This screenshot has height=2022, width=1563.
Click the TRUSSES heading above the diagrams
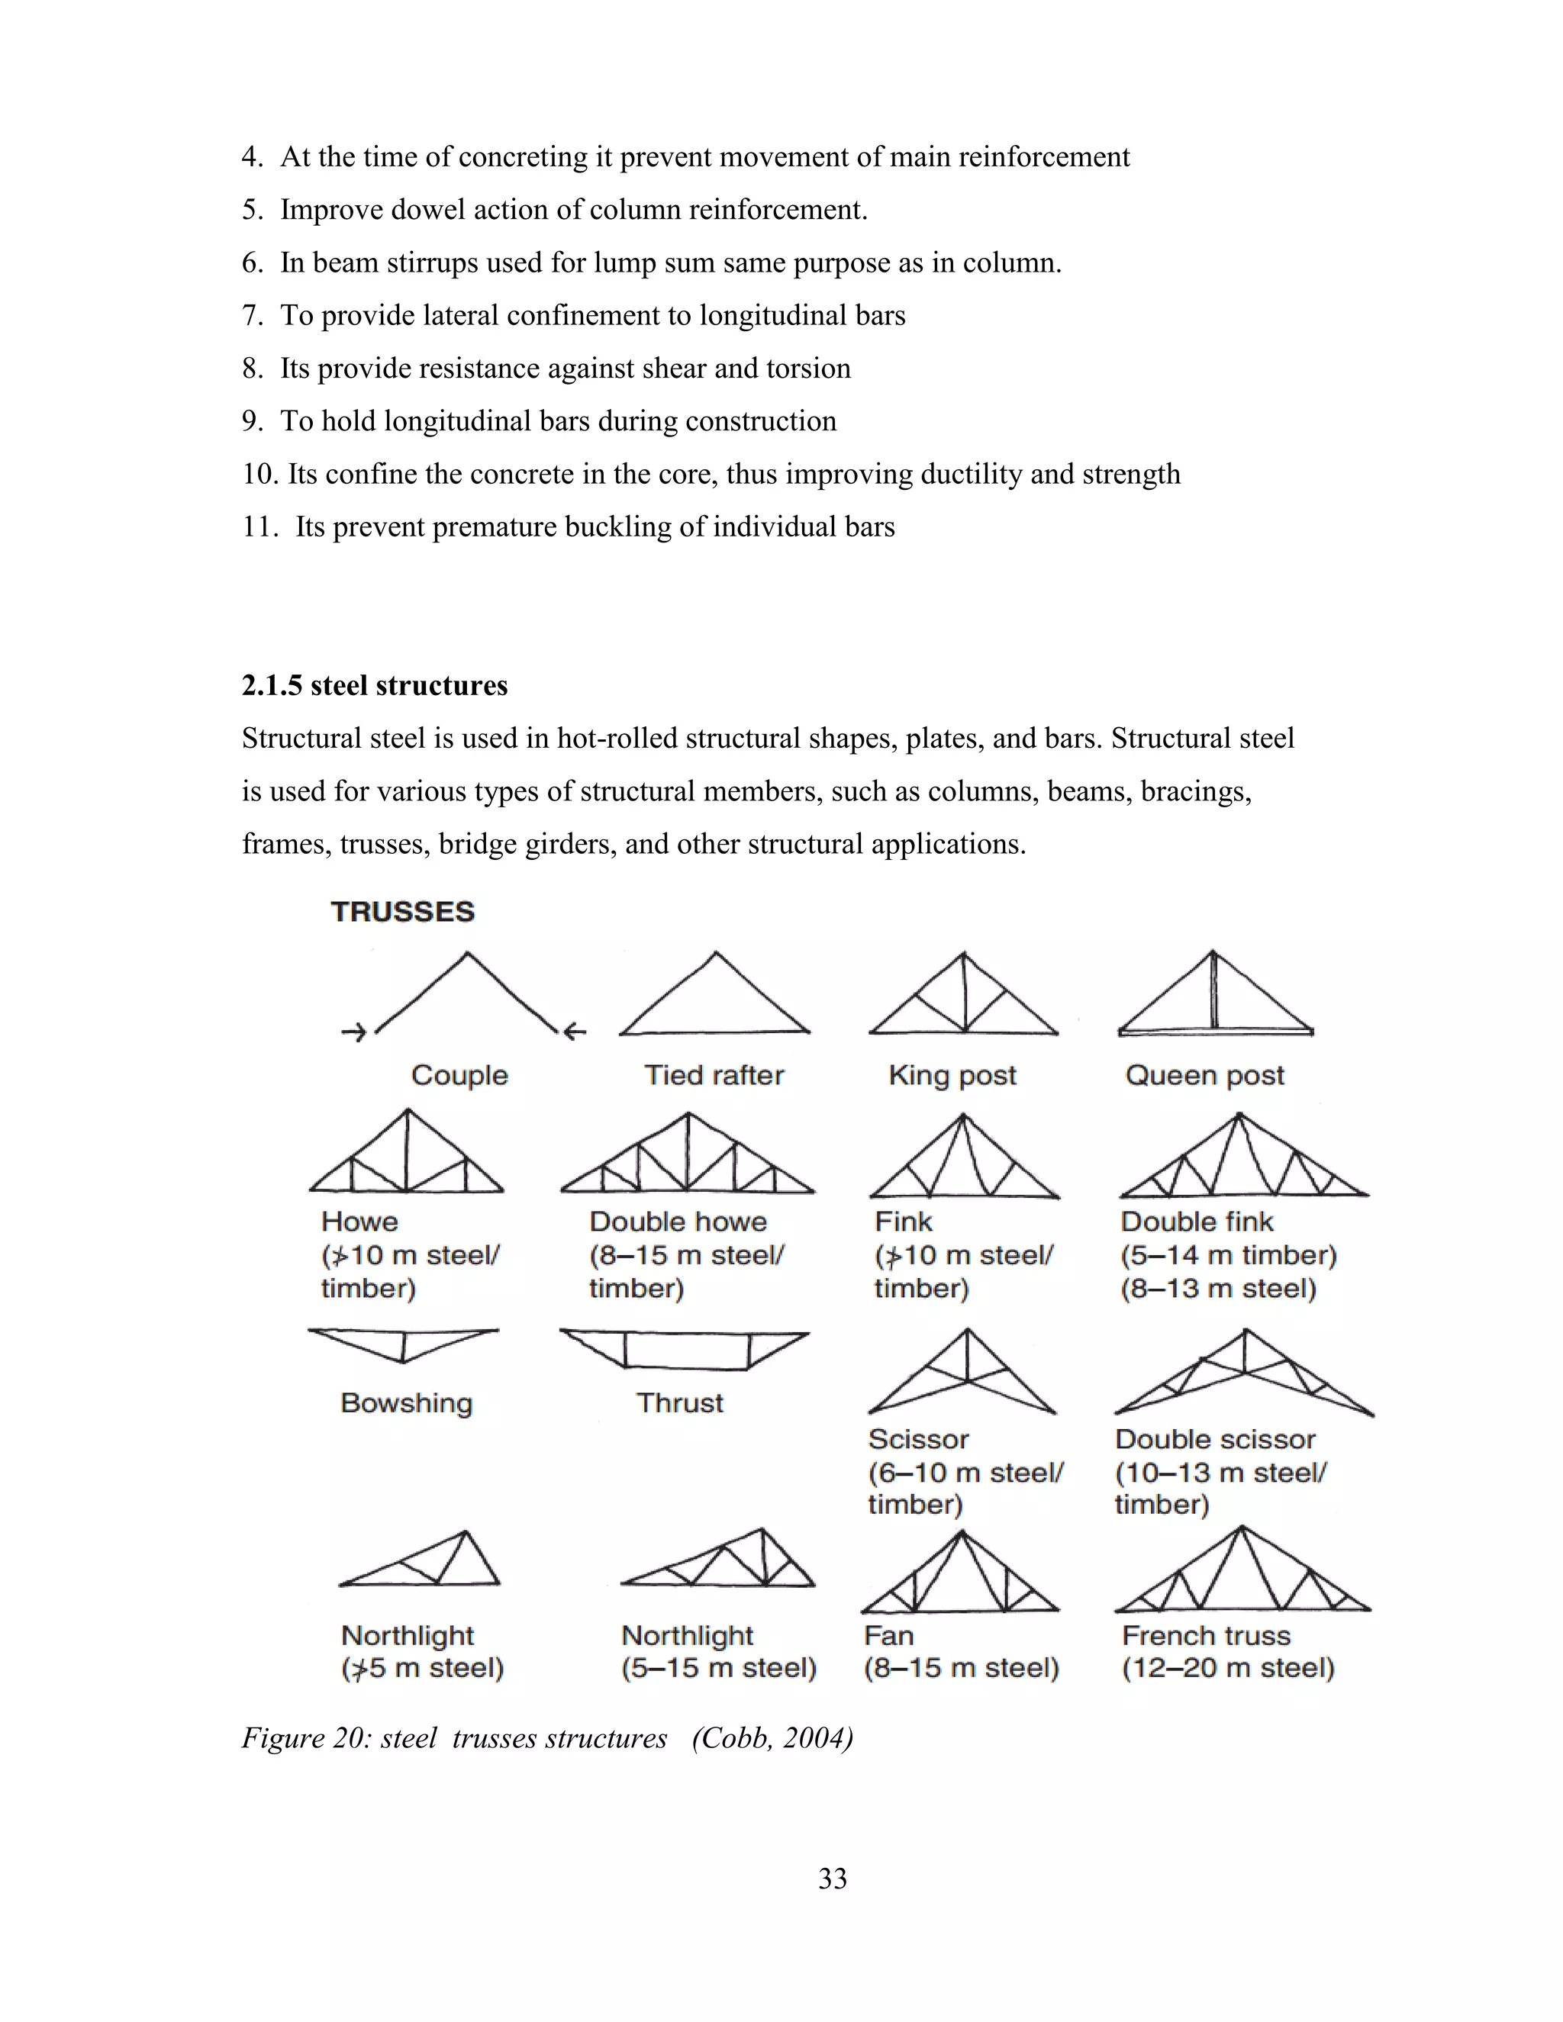pyautogui.click(x=403, y=912)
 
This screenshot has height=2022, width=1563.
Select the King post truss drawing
pyautogui.click(x=964, y=995)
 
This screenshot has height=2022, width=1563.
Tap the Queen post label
pyautogui.click(x=1204, y=1075)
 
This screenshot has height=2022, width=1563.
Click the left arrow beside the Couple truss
pyautogui.click(x=353, y=1032)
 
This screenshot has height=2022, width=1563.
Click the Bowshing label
pyautogui.click(x=407, y=1402)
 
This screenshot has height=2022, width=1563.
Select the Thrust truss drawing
pyautogui.click(x=685, y=1349)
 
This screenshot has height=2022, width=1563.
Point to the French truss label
pyautogui.click(x=1206, y=1636)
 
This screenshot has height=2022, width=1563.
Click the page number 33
pyautogui.click(x=833, y=1879)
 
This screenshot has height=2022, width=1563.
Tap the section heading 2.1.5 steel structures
pyautogui.click(x=375, y=685)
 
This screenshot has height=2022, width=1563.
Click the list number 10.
pyautogui.click(x=259, y=474)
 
